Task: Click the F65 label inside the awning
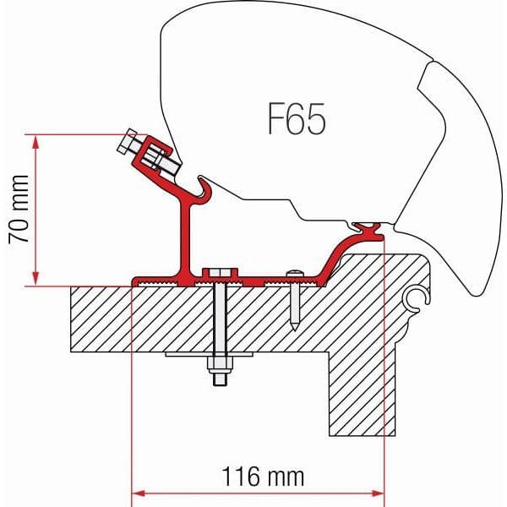[x=296, y=120]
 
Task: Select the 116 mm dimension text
[x=259, y=476]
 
